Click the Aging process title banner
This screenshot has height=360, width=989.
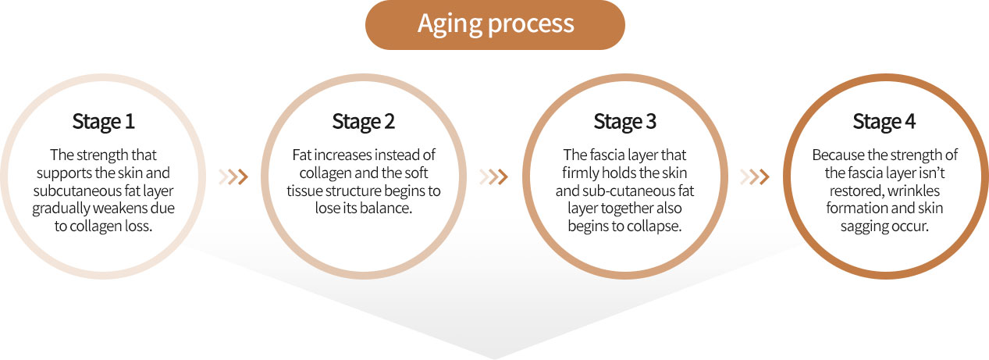pos(495,25)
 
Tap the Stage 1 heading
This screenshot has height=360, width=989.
pos(103,122)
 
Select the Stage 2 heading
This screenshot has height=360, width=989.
pos(364,122)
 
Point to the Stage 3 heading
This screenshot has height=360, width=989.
pos(624,122)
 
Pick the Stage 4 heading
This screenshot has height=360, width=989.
pos(884,122)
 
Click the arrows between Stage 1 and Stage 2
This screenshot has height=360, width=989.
pos(233,176)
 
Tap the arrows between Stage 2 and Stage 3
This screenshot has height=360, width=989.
pos(493,176)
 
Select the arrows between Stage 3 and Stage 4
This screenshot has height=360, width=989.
pos(755,176)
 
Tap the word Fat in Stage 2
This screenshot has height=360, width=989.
pos(301,155)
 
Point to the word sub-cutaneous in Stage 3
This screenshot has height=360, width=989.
pos(633,191)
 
